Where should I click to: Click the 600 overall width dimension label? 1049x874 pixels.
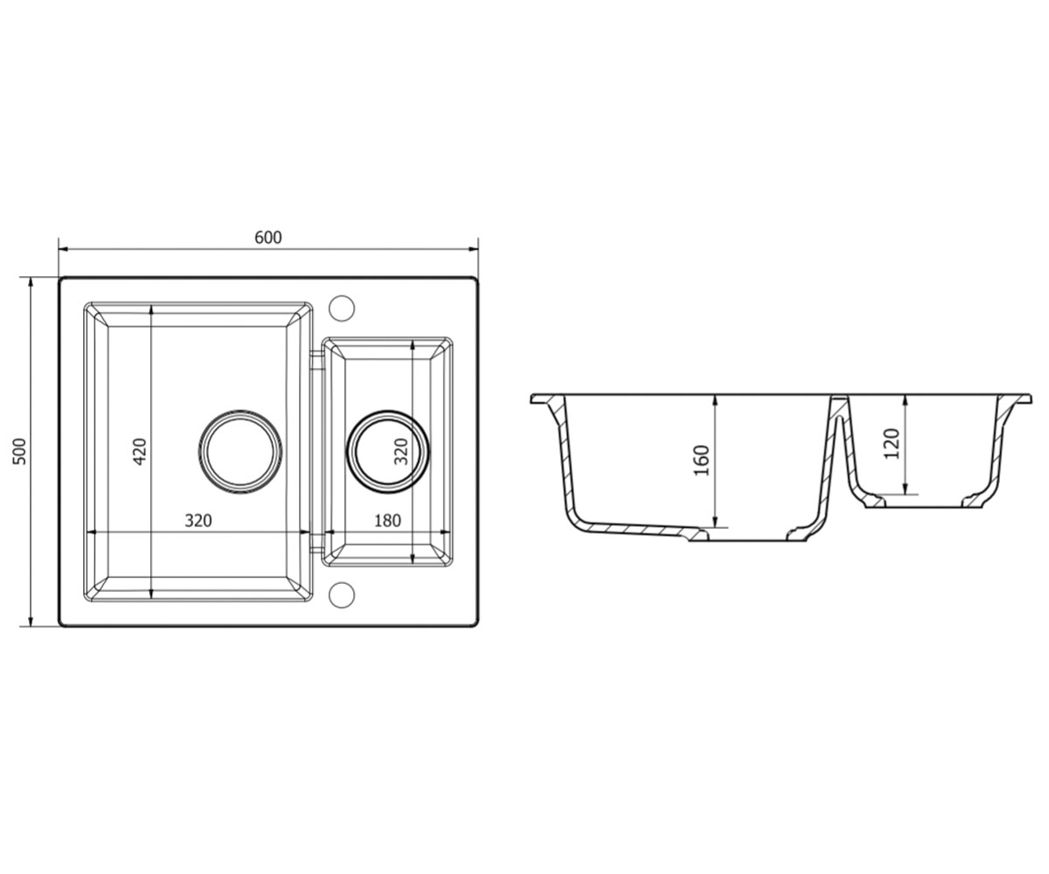pos(267,237)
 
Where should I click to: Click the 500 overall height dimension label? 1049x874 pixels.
pos(19,452)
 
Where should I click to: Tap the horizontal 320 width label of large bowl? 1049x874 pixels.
pos(198,520)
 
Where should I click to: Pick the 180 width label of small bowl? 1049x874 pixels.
pos(387,520)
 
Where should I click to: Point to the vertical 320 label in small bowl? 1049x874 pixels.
pos(401,452)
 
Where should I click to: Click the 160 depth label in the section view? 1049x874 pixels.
pos(700,461)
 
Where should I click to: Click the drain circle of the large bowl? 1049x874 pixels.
pos(240,452)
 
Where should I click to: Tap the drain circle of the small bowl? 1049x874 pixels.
pos(387,452)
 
